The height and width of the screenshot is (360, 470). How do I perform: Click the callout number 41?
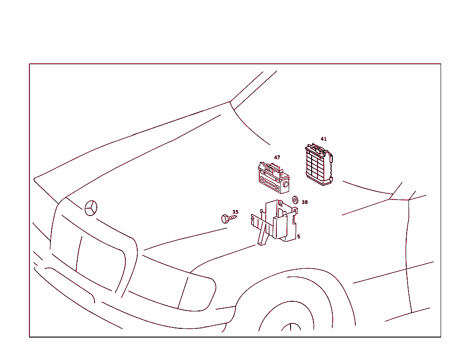324,139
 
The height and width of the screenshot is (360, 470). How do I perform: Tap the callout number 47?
277,158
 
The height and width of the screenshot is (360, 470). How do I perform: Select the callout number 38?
305,202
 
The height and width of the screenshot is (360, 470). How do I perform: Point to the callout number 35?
235,212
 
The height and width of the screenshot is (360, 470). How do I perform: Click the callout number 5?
298,237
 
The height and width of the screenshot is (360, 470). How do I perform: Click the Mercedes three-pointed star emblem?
91,208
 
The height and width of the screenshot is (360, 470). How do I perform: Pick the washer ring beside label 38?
295,200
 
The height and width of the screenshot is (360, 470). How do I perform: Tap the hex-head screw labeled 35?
229,219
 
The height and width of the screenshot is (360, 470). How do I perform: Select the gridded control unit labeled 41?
319,165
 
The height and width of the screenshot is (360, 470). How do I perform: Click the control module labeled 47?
274,178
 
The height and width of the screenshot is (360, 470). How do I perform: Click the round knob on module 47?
285,184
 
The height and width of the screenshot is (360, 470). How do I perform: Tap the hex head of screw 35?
225,219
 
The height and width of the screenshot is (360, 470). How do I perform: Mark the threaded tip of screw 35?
235,216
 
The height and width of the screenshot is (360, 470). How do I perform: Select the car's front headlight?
173,284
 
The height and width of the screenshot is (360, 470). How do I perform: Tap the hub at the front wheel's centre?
291,327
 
